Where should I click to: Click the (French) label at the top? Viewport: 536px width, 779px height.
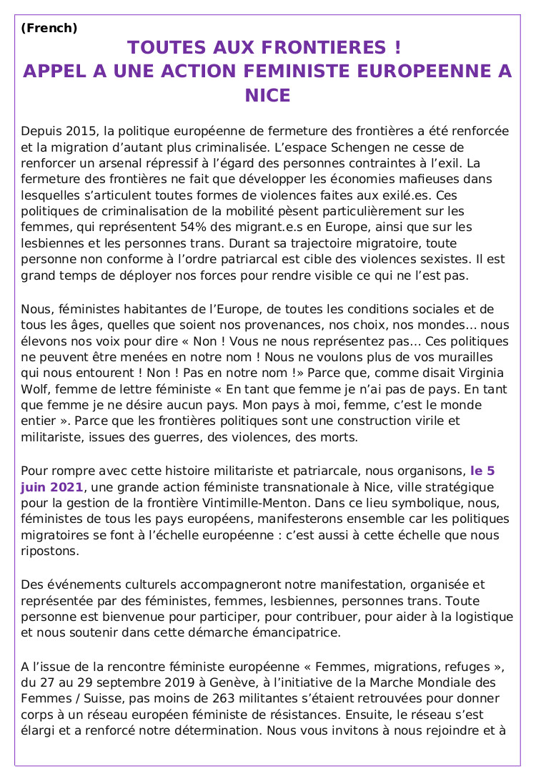[x=49, y=29]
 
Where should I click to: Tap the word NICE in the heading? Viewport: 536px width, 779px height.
[x=268, y=96]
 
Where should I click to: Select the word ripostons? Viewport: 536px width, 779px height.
[x=49, y=551]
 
